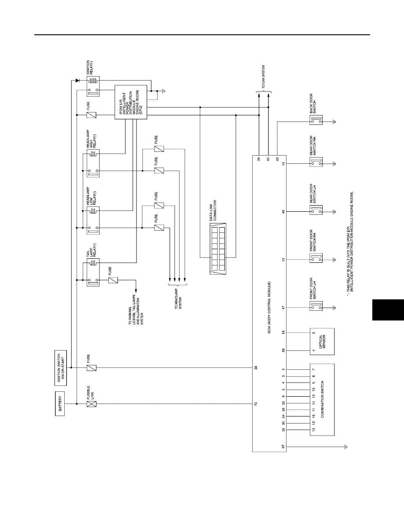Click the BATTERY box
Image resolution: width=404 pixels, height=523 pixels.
(x=60, y=404)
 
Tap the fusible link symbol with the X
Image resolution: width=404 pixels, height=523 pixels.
(x=92, y=404)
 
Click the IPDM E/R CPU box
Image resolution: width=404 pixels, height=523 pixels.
(x=131, y=102)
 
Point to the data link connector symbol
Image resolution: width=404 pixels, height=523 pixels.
(x=218, y=249)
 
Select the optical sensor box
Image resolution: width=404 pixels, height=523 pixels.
(x=322, y=342)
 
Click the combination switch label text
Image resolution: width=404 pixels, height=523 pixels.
(x=322, y=400)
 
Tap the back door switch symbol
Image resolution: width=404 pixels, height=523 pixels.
(x=316, y=121)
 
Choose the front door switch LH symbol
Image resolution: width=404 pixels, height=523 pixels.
(x=316, y=306)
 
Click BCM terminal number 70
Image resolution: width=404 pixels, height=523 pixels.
(x=256, y=404)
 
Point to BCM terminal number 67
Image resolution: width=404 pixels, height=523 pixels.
(x=283, y=446)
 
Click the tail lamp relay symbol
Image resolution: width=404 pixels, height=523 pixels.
(x=93, y=274)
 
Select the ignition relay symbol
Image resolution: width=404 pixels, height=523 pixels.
(x=93, y=86)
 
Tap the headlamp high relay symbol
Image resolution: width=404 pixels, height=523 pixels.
(x=93, y=163)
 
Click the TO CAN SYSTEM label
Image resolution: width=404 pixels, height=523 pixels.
(x=263, y=77)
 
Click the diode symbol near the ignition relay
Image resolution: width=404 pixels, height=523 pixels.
(x=77, y=81)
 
